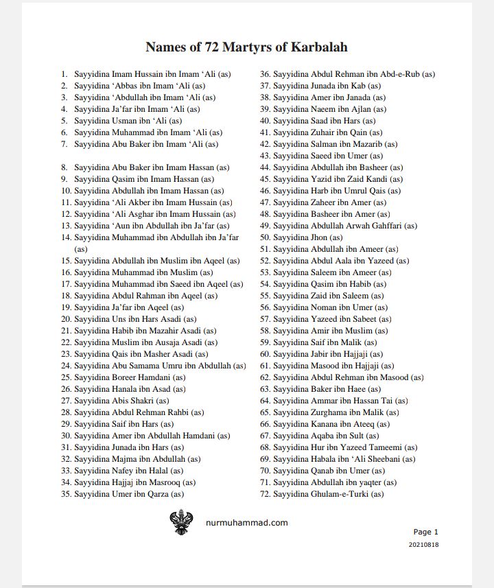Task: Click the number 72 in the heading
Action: click(212, 47)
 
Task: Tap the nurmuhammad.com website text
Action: click(247, 522)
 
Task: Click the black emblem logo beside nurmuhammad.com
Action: click(182, 522)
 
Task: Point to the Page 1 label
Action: click(425, 532)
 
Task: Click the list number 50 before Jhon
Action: click(265, 237)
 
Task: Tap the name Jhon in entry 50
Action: click(319, 237)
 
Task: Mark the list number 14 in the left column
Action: click(67, 237)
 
